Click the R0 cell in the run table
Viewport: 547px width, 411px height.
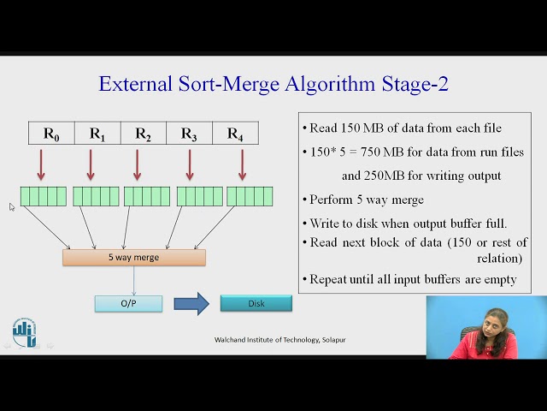click(51, 134)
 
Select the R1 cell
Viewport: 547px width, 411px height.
click(97, 134)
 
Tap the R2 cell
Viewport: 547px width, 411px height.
click(143, 134)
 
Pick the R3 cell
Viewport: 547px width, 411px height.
click(189, 134)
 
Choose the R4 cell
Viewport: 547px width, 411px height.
click(235, 134)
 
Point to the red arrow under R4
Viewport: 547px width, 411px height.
click(242, 164)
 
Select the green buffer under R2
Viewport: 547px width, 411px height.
click(147, 196)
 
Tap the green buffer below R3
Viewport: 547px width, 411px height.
click(199, 196)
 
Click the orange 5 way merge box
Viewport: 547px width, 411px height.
click(134, 257)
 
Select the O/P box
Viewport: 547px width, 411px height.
click(128, 303)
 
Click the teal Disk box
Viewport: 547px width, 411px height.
click(256, 303)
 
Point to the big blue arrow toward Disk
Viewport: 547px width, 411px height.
click(191, 303)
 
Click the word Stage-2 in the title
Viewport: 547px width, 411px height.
click(414, 84)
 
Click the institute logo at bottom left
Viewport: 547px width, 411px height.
click(25, 332)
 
